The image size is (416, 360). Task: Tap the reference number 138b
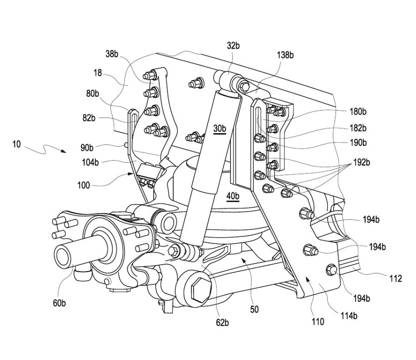[x=285, y=55]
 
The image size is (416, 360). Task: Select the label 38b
[x=112, y=54]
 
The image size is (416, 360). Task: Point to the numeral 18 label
[x=97, y=73]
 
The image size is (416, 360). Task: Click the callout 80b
[x=93, y=94]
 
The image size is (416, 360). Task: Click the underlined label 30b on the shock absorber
[x=220, y=129]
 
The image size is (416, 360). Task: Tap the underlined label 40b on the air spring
[x=233, y=196]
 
